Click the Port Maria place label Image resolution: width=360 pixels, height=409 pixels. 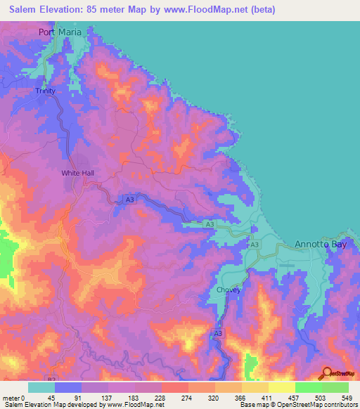60,32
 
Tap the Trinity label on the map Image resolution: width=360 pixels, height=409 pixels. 46,91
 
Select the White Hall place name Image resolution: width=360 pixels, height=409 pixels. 77,173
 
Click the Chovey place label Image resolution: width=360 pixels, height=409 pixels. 229,290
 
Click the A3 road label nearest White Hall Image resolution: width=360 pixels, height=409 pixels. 130,200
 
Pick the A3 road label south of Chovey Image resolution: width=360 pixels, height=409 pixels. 218,333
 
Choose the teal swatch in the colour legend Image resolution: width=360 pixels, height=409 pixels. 41,387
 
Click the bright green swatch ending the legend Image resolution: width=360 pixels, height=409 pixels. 335,387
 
